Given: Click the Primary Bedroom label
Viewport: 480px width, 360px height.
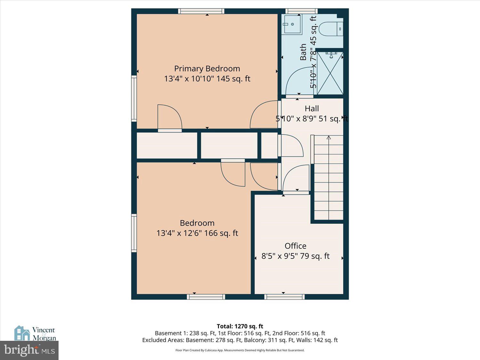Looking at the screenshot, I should pyautogui.click(x=207, y=68).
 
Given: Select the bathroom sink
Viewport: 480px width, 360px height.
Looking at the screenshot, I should pyautogui.click(x=292, y=24).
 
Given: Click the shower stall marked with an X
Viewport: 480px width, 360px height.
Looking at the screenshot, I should pyautogui.click(x=330, y=73).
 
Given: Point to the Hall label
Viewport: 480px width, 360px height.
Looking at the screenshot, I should pyautogui.click(x=312, y=108).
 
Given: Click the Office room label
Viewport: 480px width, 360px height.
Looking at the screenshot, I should pyautogui.click(x=295, y=246).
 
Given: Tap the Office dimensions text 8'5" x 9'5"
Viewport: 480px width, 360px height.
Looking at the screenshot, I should pyautogui.click(x=295, y=256).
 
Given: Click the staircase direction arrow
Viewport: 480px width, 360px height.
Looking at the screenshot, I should pyautogui.click(x=329, y=138).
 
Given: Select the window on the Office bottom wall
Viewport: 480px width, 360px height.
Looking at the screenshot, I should pyautogui.click(x=284, y=297).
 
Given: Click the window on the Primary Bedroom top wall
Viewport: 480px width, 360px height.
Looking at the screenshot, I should pyautogui.click(x=201, y=11).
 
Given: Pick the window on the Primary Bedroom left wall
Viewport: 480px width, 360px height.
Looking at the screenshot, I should pyautogui.click(x=134, y=98).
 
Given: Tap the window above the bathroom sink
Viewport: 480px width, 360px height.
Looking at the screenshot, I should pyautogui.click(x=301, y=11).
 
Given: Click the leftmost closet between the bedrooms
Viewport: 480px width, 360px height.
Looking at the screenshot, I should pyautogui.click(x=167, y=146).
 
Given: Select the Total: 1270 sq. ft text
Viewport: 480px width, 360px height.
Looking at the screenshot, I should pyautogui.click(x=240, y=326).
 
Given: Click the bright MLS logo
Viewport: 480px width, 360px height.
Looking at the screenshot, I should pyautogui.click(x=29, y=350).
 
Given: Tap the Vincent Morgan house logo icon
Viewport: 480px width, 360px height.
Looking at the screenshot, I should pyautogui.click(x=22, y=333).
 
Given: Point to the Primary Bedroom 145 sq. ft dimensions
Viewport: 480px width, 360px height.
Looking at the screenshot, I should pyautogui.click(x=207, y=79).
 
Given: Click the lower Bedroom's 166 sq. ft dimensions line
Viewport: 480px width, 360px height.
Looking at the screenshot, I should pyautogui.click(x=197, y=233).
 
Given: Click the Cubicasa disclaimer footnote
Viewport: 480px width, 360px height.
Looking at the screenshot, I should pyautogui.click(x=240, y=350).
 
